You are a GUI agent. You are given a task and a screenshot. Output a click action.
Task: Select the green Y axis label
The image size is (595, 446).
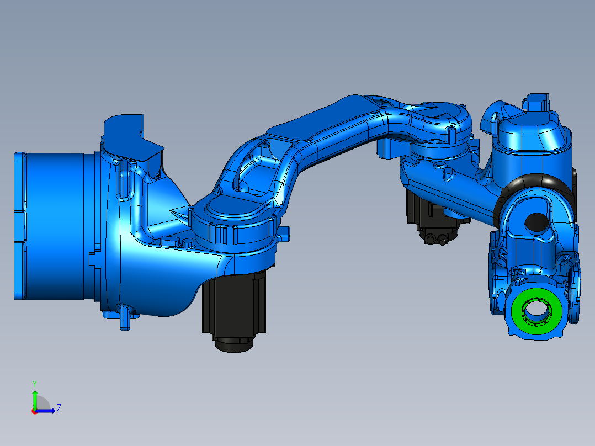pos(34,383)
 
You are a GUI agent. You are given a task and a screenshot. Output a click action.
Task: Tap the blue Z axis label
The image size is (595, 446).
pos(59,408)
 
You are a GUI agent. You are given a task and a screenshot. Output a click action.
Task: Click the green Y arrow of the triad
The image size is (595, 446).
pos(34,397)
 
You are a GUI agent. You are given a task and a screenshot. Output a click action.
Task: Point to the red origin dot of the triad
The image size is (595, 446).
pos(34,411)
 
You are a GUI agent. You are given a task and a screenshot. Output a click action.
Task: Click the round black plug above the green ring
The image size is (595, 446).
pos(535,222)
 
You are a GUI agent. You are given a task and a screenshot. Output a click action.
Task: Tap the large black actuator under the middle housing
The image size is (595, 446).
pos(234,306)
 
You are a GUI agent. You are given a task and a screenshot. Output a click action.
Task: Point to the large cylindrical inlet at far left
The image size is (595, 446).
pos(52,226)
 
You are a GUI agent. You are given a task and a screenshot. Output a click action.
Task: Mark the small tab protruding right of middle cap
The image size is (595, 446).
pos(284,233)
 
